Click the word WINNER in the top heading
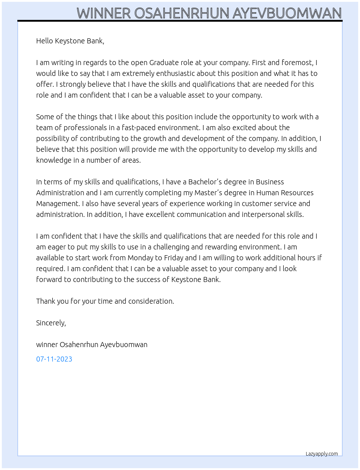tap(103, 13)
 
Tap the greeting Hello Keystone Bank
tap(70, 41)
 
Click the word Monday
tap(140, 258)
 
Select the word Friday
tap(173, 258)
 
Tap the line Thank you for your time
tap(105, 301)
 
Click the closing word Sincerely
tap(51, 323)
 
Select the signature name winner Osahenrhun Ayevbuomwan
tap(92, 345)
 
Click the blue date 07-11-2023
tap(54, 359)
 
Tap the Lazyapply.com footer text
tap(322, 454)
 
